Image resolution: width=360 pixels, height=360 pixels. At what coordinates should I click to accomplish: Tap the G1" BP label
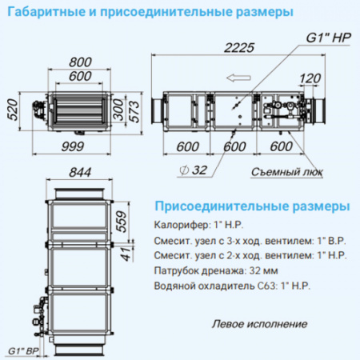(x=22, y=350)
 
